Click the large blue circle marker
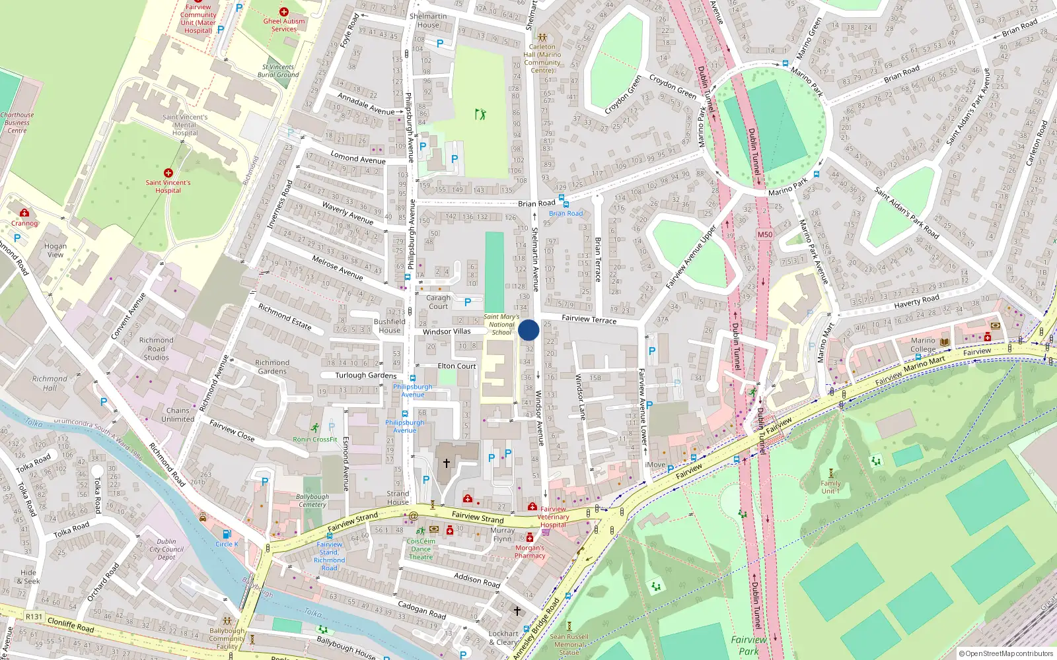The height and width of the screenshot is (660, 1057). [x=528, y=330]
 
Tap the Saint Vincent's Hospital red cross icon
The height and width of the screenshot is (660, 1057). [x=168, y=173]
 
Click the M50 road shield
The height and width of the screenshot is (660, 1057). [x=765, y=234]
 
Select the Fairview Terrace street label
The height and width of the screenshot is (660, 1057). [x=589, y=319]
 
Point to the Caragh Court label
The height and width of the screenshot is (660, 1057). [x=438, y=302]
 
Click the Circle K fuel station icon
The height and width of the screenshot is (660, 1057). [x=227, y=534]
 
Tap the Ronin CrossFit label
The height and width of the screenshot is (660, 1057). [x=315, y=439]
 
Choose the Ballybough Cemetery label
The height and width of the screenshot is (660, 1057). [x=312, y=500]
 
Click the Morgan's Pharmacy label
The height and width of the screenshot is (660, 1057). [x=530, y=552]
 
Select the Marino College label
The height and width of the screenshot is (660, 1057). [x=923, y=345]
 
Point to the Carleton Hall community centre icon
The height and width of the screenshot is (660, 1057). [x=542, y=38]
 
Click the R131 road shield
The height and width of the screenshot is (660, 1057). [x=34, y=616]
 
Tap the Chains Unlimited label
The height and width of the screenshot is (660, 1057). [x=178, y=414]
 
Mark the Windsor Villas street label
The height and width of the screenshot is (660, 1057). [x=447, y=331]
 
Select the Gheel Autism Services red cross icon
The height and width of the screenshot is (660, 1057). [x=283, y=12]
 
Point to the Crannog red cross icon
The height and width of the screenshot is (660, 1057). [x=24, y=213]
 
